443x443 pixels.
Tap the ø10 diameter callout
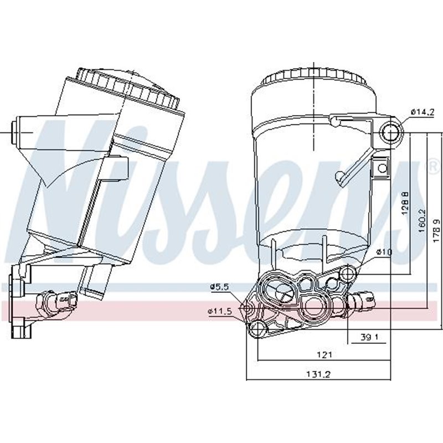(384, 252)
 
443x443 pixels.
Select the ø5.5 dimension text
(219, 287)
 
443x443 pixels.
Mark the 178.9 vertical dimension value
(437, 228)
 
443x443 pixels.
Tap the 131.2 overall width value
(318, 374)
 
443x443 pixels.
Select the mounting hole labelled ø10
(347, 274)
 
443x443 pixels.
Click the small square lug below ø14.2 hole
(382, 168)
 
